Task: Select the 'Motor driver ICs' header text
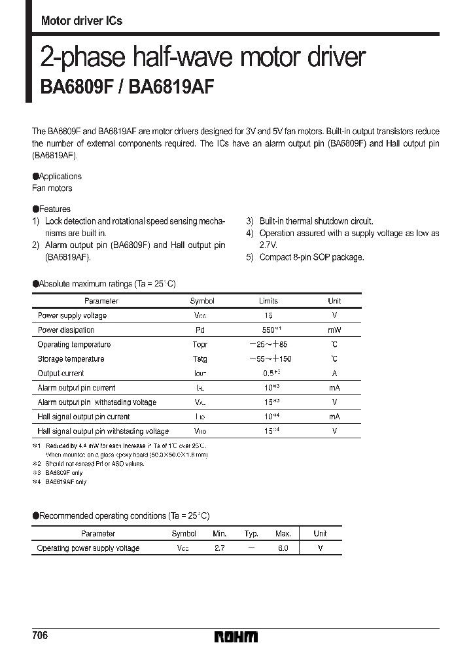tap(82, 21)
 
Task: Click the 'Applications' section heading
tap(60, 177)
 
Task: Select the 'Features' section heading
tap(54, 209)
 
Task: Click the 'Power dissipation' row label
tap(66, 330)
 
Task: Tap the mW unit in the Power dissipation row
tap(334, 330)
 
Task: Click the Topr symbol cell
tap(200, 345)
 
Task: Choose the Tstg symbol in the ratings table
tap(200, 359)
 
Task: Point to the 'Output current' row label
tap(61, 374)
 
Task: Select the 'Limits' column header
tap(268, 302)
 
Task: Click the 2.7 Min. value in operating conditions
tap(219, 548)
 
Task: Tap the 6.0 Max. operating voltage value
tap(283, 548)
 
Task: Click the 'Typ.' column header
tap(251, 534)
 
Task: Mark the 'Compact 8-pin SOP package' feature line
tap(311, 257)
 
